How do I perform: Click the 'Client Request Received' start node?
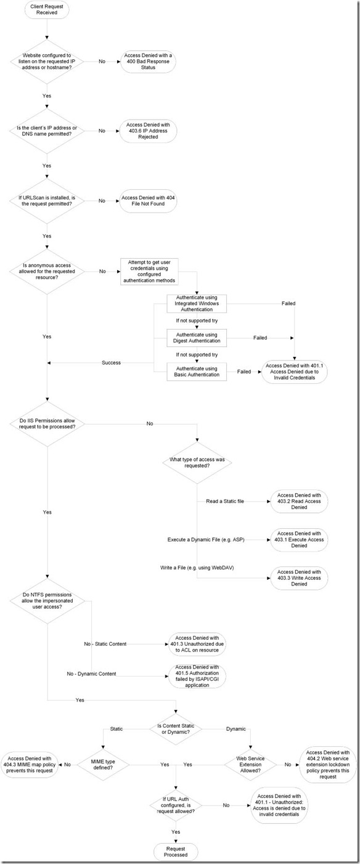pyautogui.click(x=47, y=10)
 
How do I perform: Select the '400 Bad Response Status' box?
pyautogui.click(x=148, y=62)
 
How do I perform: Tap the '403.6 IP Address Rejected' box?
pyautogui.click(x=148, y=131)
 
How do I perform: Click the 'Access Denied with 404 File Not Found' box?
pyautogui.click(x=148, y=200)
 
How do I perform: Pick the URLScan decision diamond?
pyautogui.click(x=47, y=201)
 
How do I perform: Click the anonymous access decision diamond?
pyautogui.click(x=47, y=272)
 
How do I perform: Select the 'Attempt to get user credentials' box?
pyautogui.click(x=149, y=272)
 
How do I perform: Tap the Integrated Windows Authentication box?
pyautogui.click(x=197, y=304)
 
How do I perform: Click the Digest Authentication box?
pyautogui.click(x=197, y=338)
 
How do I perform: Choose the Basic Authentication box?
pyautogui.click(x=197, y=372)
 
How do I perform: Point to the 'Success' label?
pyautogui.click(x=111, y=362)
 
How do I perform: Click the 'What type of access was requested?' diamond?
pyautogui.click(x=197, y=463)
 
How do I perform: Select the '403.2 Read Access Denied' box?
pyautogui.click(x=299, y=501)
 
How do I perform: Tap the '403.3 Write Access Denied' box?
pyautogui.click(x=299, y=578)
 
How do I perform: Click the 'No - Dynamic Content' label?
pyautogui.click(x=91, y=674)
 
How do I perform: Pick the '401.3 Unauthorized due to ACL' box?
pyautogui.click(x=197, y=644)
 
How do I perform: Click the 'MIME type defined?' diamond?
pyautogui.click(x=102, y=765)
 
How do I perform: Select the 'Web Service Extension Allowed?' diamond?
pyautogui.click(x=250, y=764)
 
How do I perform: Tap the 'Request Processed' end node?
pyautogui.click(x=176, y=852)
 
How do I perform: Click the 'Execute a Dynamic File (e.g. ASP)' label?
pyautogui.click(x=206, y=540)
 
